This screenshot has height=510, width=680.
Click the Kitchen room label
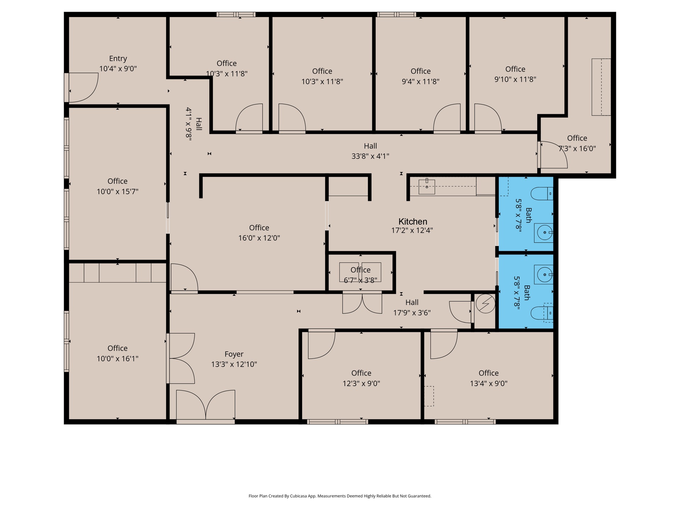click(x=413, y=222)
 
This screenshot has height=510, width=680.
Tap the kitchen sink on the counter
click(x=427, y=186)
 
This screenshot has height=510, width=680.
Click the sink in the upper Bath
click(x=544, y=233)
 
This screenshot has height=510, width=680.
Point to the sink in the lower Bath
click(x=544, y=274)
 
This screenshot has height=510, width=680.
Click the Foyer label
click(x=234, y=354)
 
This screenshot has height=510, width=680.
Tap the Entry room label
click(x=118, y=59)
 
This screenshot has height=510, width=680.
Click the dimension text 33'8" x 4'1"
click(x=370, y=156)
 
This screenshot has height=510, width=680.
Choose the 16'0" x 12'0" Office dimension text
click(x=259, y=238)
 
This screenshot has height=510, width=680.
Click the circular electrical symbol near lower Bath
click(x=485, y=304)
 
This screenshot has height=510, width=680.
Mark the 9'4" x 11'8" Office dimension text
click(x=420, y=81)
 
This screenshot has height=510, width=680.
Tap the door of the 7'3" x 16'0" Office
click(x=552, y=155)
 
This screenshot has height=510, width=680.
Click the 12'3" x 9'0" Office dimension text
click(x=361, y=384)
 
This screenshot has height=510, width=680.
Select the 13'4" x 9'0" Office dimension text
click(x=489, y=384)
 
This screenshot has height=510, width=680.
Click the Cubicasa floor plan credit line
click(x=340, y=496)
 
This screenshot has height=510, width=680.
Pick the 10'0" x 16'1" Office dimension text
click(x=118, y=359)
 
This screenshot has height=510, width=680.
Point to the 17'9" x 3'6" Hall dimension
click(x=412, y=313)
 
